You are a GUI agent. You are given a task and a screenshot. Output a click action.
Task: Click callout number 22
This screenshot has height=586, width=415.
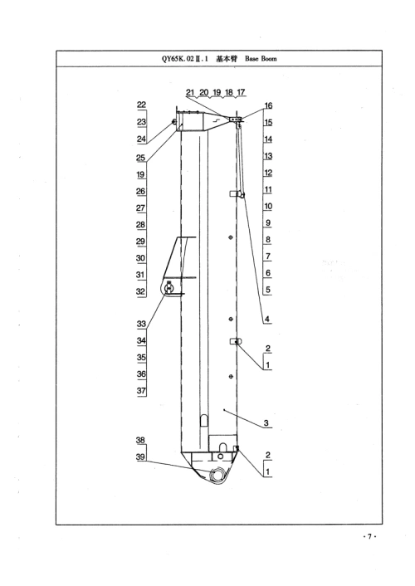(x=141, y=105)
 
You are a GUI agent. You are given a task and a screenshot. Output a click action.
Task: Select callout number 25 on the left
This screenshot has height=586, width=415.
(x=140, y=158)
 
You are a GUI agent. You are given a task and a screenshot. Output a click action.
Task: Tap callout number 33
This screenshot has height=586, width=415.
(x=141, y=324)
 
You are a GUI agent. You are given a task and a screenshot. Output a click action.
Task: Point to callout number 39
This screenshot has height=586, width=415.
(x=140, y=457)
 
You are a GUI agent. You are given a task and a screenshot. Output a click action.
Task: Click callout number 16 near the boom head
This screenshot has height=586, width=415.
(x=268, y=105)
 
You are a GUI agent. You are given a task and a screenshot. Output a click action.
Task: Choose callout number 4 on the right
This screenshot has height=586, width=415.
(x=267, y=320)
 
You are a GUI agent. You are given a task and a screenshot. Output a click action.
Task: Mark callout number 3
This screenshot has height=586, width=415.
(x=266, y=423)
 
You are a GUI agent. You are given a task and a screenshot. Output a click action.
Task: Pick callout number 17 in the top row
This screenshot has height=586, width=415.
(x=242, y=92)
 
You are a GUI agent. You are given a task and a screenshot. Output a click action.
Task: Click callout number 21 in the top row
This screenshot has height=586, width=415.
(x=190, y=92)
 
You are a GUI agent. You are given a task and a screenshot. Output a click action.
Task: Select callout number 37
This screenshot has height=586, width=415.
(x=141, y=391)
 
